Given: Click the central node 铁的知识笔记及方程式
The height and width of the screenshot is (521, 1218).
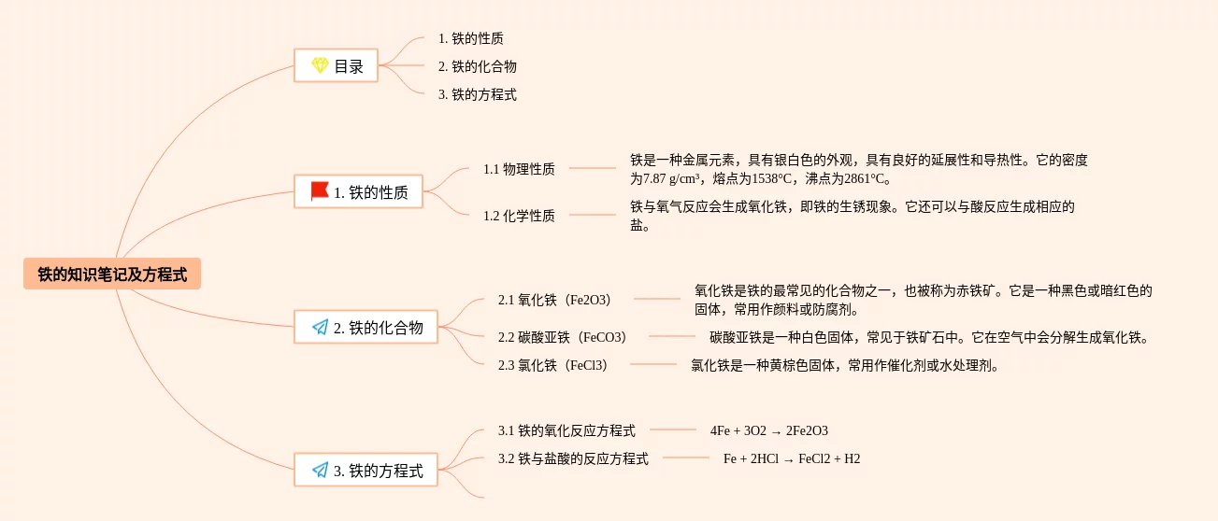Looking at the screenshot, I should click(x=112, y=275).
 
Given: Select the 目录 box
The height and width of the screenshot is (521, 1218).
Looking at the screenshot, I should click(x=337, y=66).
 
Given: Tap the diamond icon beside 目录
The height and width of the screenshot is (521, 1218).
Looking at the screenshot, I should click(x=320, y=66).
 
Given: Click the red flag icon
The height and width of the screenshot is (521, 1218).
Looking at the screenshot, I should click(x=320, y=191).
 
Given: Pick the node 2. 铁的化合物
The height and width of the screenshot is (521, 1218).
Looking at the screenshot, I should click(x=366, y=327).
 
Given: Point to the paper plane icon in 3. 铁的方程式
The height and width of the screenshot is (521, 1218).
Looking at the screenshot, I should click(x=320, y=471).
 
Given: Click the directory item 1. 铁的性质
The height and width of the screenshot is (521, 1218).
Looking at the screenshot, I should click(x=471, y=38).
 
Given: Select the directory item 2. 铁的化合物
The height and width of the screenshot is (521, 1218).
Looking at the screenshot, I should click(x=478, y=66).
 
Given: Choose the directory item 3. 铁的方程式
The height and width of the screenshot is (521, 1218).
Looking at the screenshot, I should click(x=478, y=94).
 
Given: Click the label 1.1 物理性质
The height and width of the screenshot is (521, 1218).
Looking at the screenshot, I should click(x=519, y=169).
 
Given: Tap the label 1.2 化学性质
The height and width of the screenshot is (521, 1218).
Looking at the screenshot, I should click(x=519, y=216).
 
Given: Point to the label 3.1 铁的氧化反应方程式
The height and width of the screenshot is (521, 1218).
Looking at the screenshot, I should click(x=566, y=430).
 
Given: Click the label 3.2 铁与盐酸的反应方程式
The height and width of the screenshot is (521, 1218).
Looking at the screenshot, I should click(x=573, y=458).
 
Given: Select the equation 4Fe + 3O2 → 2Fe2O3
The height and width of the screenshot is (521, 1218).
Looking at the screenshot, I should click(x=768, y=430).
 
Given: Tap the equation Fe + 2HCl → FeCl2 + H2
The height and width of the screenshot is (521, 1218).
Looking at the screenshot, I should click(x=792, y=458).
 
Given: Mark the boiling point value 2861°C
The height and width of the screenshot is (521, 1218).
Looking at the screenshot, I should click(x=859, y=179).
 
